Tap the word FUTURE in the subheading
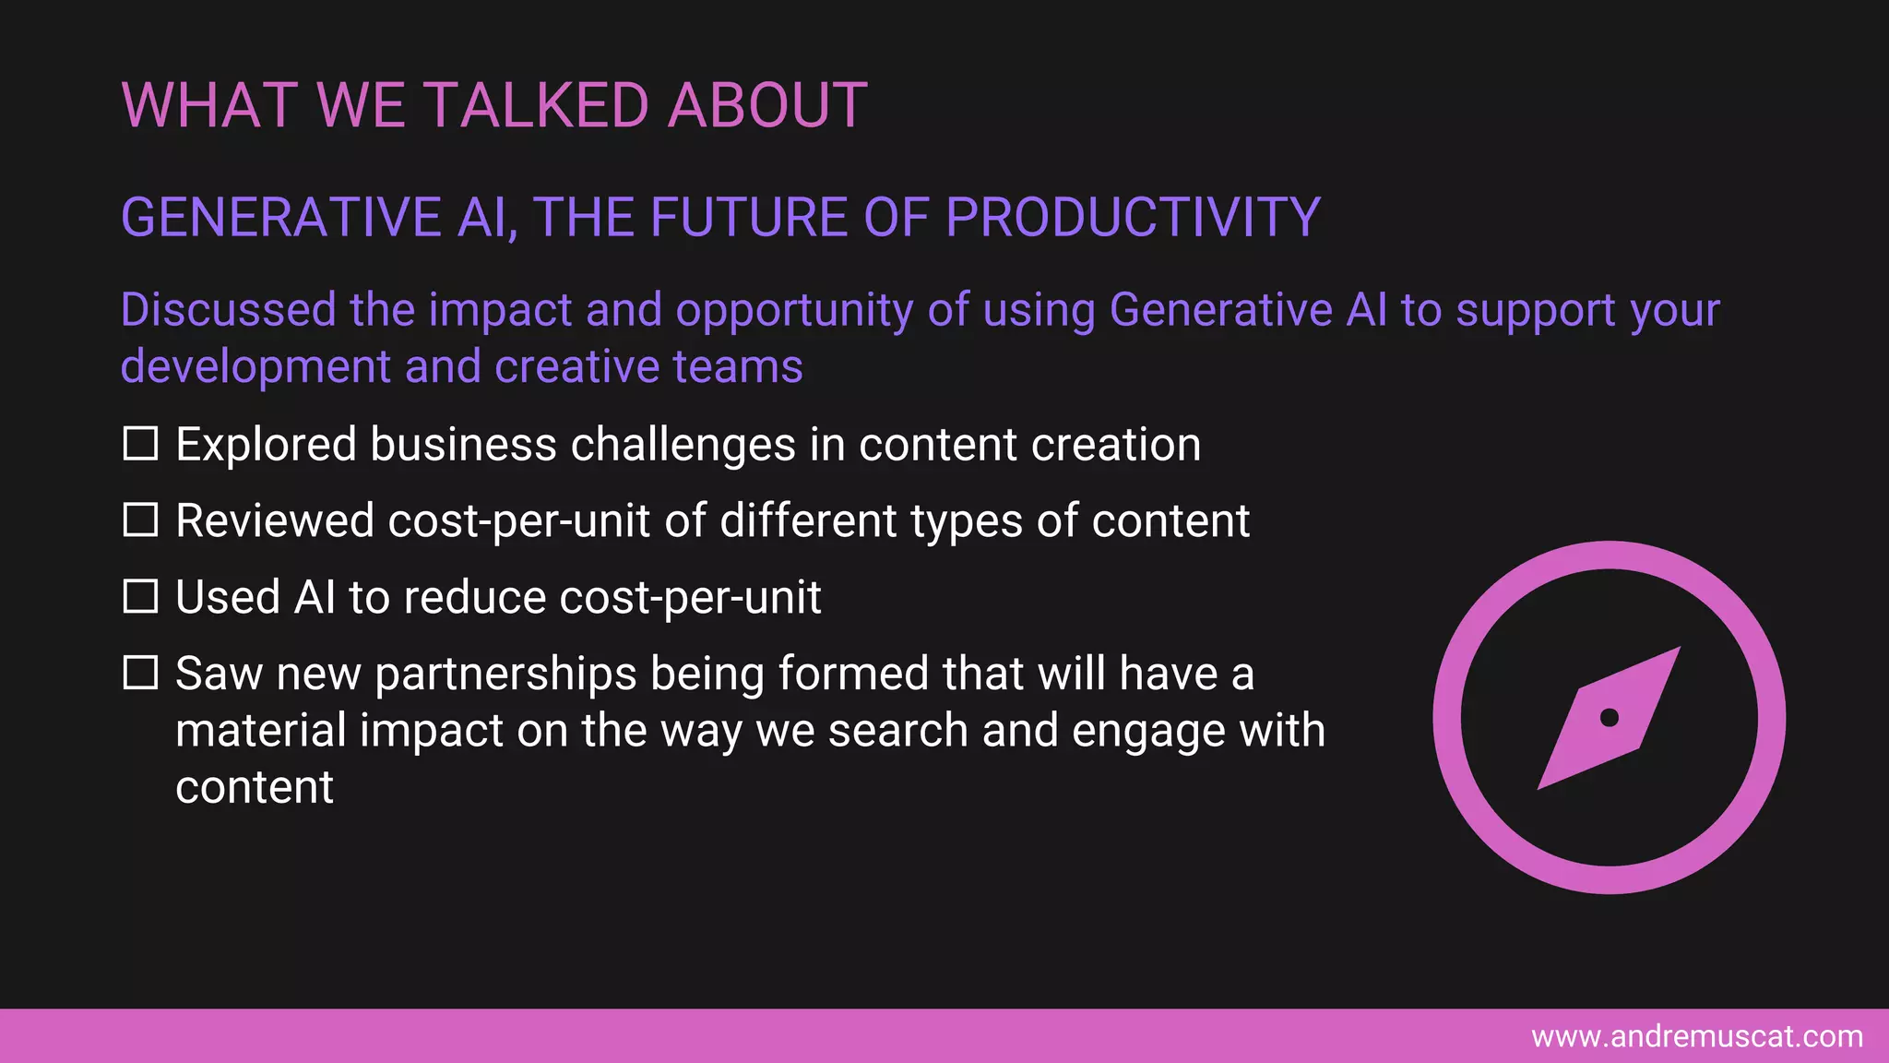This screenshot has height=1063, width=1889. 750,218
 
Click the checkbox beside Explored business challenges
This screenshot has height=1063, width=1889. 140,444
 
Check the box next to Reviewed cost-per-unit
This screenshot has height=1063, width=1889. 140,520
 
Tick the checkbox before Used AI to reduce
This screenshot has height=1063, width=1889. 140,597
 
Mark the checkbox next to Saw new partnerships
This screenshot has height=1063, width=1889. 140,673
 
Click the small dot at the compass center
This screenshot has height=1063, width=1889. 1609,718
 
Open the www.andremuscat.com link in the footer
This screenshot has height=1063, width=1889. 1696,1036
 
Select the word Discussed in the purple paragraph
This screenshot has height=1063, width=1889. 228,310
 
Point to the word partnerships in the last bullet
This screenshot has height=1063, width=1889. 505,675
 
